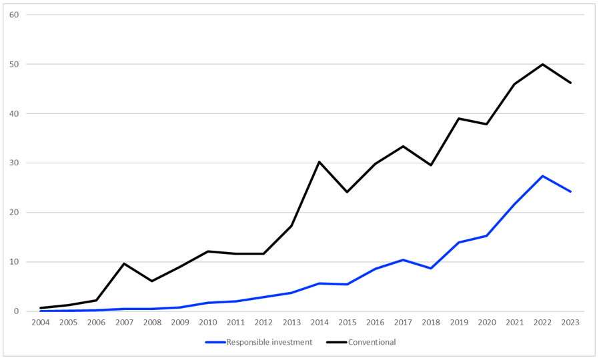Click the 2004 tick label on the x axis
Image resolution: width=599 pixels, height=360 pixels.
[40, 322]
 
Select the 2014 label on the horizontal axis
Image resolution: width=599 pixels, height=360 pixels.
[319, 322]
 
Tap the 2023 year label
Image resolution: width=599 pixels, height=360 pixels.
[570, 322]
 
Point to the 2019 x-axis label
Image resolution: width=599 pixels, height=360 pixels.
[459, 322]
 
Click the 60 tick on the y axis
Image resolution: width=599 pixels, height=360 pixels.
[14, 15]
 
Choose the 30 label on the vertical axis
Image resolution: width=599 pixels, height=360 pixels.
[14, 163]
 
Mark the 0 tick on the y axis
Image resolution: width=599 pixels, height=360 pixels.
[16, 311]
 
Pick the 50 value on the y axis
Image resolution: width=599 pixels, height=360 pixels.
[14, 65]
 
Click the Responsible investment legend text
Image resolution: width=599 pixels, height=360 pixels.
[269, 342]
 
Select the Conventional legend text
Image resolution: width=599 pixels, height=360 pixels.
[372, 342]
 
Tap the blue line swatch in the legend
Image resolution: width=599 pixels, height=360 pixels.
[215, 342]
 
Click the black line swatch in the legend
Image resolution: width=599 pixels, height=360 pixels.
[337, 342]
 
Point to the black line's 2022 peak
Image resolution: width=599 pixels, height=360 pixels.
[542, 64]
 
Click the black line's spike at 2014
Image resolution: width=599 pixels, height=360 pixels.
[319, 162]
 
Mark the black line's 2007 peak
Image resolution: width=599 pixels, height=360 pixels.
[124, 263]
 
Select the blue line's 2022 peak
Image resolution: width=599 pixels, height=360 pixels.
[542, 176]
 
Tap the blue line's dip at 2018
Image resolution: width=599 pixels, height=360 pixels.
[431, 268]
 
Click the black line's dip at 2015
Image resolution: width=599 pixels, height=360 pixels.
[347, 192]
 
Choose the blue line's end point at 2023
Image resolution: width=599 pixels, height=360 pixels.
[570, 191]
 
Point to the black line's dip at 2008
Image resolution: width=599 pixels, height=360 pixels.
[151, 281]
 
